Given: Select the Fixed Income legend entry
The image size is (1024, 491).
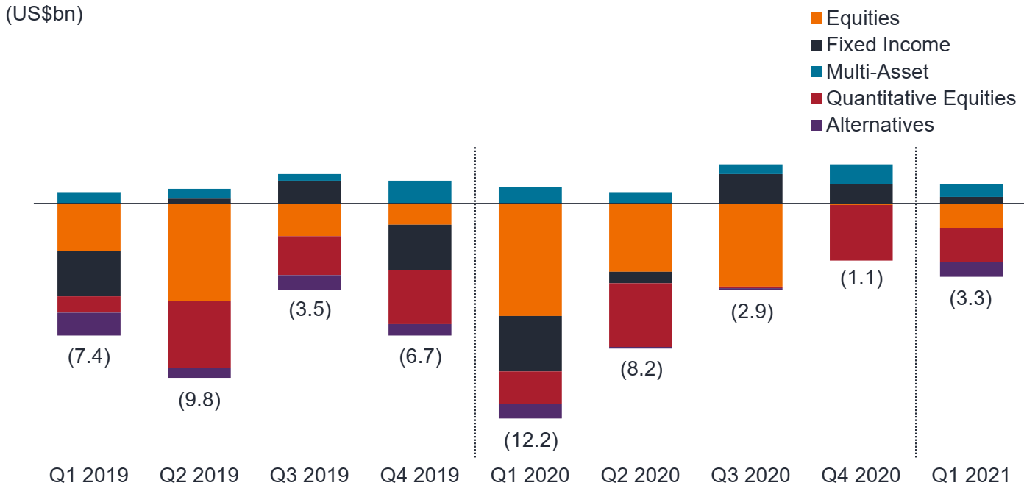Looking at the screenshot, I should click(x=887, y=45).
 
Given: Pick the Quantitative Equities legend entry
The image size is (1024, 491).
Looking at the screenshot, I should click(x=920, y=98).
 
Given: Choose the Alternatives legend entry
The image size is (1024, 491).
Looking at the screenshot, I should click(x=879, y=125).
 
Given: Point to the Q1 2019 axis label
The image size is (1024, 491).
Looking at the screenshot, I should click(x=88, y=474).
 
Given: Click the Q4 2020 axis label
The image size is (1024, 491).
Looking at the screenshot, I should click(x=861, y=474).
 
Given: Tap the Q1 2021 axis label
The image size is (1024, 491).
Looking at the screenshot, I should click(x=972, y=474).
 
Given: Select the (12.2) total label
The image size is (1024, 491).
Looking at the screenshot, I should click(x=530, y=440).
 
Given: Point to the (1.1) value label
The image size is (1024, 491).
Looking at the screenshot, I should click(x=861, y=279).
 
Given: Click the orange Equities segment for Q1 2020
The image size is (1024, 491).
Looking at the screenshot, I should click(x=530, y=259).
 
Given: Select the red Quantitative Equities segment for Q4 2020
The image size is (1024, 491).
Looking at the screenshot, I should click(x=861, y=232).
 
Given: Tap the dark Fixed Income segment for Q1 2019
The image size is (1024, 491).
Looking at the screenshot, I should click(x=88, y=273).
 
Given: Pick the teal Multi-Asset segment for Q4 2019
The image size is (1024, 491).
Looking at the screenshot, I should click(x=419, y=192).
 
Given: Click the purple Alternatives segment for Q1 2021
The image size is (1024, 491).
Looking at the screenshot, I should click(x=971, y=269).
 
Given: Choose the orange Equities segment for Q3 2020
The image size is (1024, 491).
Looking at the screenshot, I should click(x=750, y=245).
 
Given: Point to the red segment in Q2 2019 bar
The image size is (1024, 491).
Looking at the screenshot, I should click(x=199, y=334).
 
